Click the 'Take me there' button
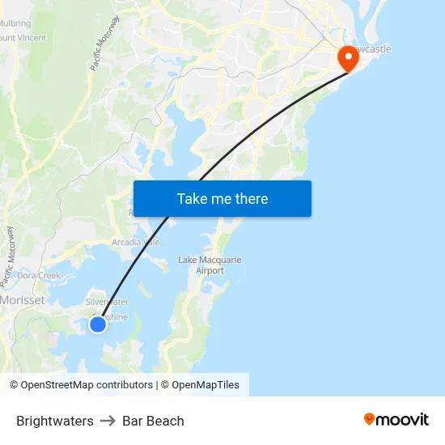222,198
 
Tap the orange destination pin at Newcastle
348,57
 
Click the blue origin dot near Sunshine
98,324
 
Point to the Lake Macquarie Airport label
210,265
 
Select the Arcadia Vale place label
135,242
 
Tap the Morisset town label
23,299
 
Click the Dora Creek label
39,276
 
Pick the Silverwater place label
107,302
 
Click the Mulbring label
15,23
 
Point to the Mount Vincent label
23,37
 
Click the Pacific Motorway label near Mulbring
106,42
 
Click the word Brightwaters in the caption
54,421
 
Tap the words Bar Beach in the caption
153,421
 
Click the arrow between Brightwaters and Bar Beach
108,421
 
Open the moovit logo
396,420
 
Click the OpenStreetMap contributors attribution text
81,385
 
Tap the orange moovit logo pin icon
370,419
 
